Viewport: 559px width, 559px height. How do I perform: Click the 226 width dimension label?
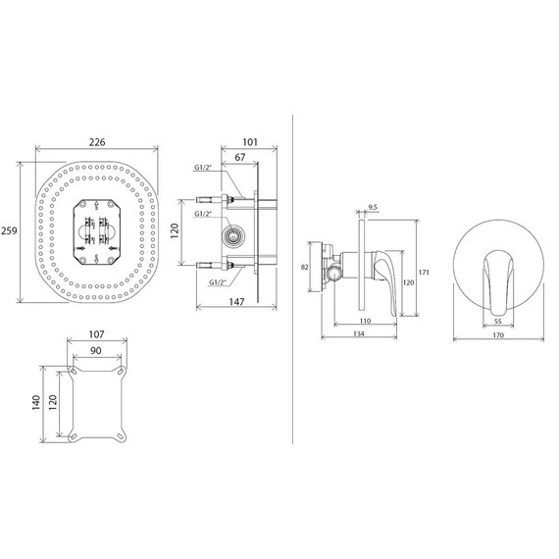point(97,142)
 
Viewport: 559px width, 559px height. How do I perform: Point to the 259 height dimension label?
point(9,231)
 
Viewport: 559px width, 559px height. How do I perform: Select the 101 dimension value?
point(250,142)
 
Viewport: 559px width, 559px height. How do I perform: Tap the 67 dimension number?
point(240,157)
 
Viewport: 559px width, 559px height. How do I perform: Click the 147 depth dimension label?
point(236,302)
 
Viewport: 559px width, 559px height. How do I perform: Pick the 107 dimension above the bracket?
point(96,334)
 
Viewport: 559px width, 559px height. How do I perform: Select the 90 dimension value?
point(95,351)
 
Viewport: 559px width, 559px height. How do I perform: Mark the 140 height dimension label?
point(36,403)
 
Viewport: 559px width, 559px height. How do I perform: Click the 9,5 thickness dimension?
point(373,207)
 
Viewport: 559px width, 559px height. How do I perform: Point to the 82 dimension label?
point(304,267)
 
